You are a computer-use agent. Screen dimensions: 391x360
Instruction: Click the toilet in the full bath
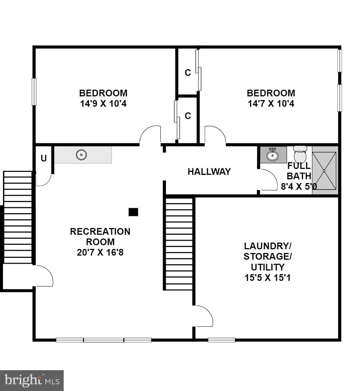[x=300, y=154]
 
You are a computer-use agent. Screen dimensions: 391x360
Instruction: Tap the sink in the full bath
[x=273, y=154]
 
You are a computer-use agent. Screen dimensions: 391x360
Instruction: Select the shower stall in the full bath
[x=324, y=170]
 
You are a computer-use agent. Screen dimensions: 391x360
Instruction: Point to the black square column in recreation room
[x=133, y=212]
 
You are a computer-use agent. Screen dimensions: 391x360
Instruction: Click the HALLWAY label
[x=209, y=172]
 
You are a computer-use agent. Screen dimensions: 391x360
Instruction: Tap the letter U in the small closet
[x=44, y=158]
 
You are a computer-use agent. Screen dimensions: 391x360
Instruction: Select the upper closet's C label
[x=188, y=73]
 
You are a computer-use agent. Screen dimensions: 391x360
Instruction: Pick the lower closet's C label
[x=188, y=116]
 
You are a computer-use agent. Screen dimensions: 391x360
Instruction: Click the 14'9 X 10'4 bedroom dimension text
[x=103, y=104]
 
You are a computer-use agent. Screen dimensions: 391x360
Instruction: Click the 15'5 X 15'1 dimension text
[x=267, y=277]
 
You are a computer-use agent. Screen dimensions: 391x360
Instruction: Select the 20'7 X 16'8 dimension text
[x=100, y=252]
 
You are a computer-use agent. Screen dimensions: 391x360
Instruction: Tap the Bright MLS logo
[x=32, y=380]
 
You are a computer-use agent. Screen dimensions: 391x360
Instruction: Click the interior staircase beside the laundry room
[x=179, y=244]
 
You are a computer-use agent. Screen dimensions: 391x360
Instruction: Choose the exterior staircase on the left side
[x=17, y=218]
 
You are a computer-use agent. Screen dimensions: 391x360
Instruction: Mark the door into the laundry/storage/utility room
[x=203, y=316]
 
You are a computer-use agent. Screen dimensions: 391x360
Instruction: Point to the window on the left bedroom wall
[x=34, y=92]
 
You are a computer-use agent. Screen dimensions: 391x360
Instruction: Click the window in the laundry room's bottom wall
[x=222, y=340]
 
